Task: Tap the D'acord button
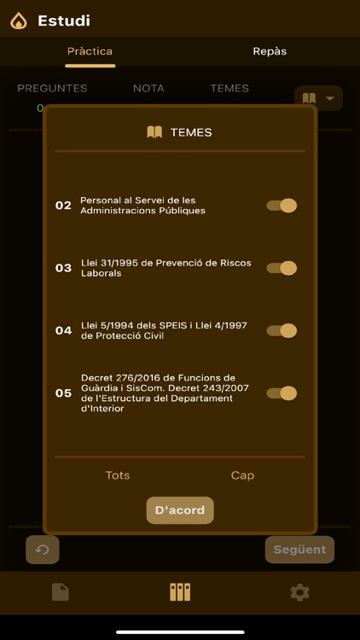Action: (180, 510)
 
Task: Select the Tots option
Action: (118, 475)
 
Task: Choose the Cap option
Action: (242, 475)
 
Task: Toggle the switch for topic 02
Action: (282, 206)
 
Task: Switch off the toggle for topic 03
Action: (282, 268)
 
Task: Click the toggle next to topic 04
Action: (282, 330)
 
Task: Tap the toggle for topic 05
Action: (282, 393)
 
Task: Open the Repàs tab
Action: (270, 51)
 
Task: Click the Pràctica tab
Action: (90, 51)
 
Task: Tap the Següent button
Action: (299, 550)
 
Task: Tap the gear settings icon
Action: (299, 592)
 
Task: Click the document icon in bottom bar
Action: (61, 592)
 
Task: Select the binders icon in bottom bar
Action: (180, 592)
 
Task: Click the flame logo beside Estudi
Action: (19, 20)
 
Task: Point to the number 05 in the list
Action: (63, 393)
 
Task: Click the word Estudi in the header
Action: (64, 20)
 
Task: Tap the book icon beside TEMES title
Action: (154, 132)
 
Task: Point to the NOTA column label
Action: (148, 88)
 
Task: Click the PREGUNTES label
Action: (52, 88)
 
